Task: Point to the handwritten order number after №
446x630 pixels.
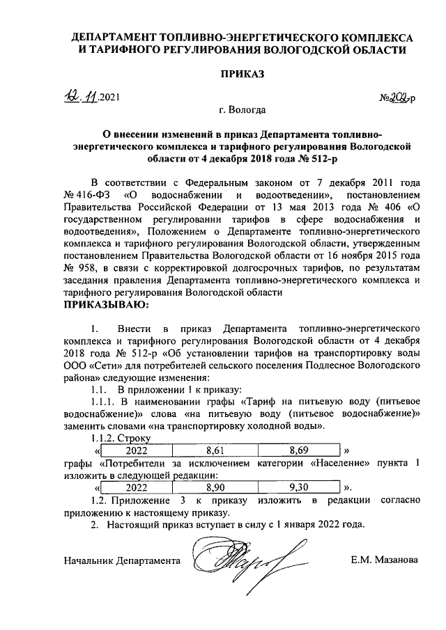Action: tap(400, 98)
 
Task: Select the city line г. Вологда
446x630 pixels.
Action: tap(242, 109)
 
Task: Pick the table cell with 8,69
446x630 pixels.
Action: tap(298, 450)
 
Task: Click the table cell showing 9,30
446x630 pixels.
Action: tap(298, 486)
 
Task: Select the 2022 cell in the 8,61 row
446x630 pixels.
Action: tap(137, 450)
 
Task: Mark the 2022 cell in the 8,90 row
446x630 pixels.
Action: tap(137, 486)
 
